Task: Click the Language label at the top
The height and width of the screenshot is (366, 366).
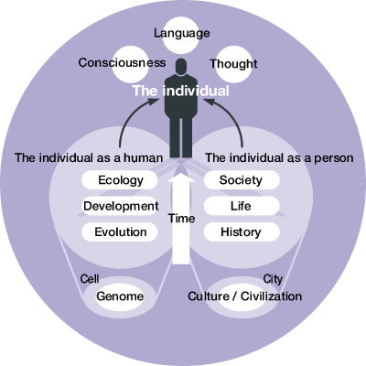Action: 182,33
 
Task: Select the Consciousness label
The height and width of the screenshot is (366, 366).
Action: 122,63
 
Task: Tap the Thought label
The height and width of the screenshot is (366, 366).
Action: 233,64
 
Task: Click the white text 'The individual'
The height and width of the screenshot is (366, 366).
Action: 181,91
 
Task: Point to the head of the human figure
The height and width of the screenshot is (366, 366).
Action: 181,67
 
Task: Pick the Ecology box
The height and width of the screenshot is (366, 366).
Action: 120,180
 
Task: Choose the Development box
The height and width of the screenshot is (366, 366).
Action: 120,206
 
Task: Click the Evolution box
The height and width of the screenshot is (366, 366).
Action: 120,232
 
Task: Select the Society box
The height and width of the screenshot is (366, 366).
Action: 242,180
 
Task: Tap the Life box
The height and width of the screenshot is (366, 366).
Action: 242,206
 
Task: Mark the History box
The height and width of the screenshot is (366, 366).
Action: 242,232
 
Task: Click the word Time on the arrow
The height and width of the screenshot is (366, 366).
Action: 182,219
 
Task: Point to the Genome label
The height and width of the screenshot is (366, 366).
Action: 120,296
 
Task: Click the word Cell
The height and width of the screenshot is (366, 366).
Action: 90,279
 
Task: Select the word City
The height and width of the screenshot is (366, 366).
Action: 273,279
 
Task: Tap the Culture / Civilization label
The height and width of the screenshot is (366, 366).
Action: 245,296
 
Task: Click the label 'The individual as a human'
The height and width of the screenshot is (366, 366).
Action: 89,158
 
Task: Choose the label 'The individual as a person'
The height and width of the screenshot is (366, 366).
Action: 279,158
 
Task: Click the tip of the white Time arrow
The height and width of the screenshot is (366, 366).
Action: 181,173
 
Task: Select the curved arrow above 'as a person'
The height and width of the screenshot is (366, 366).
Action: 232,117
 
